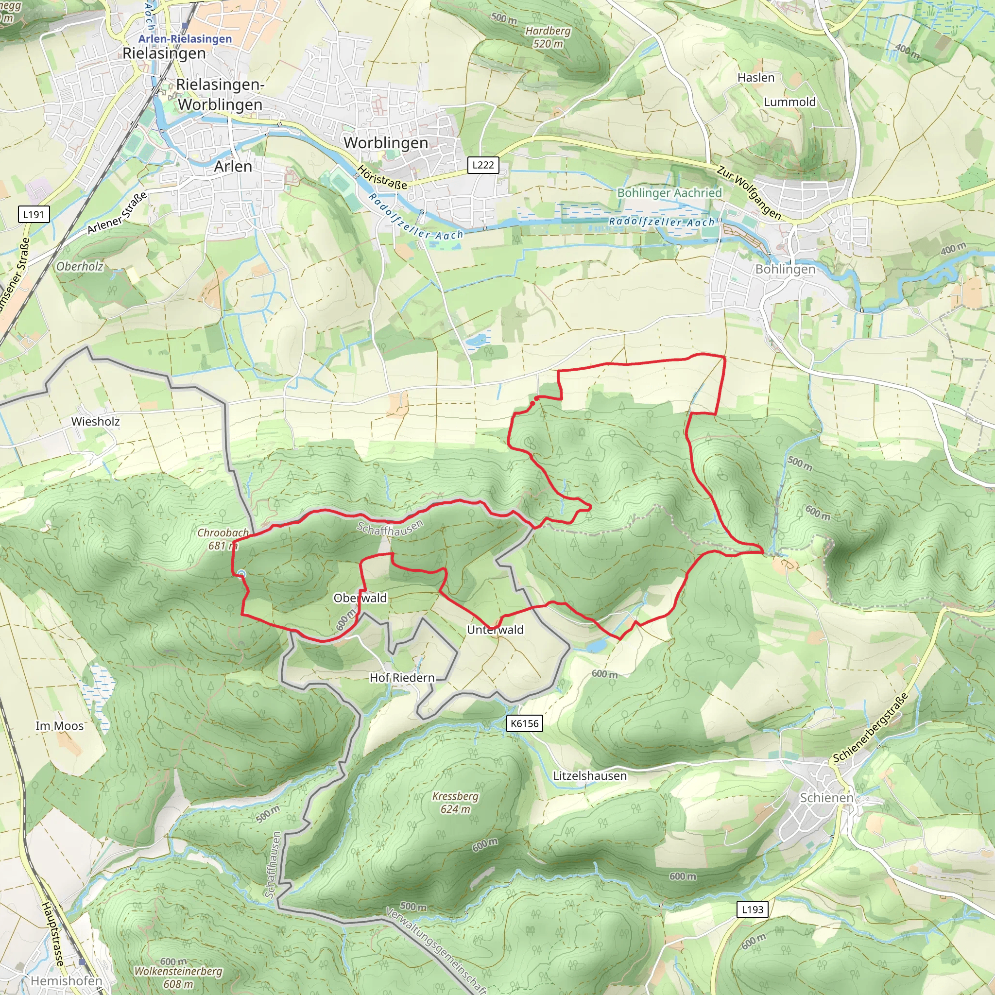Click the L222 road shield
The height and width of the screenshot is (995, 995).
click(x=482, y=165)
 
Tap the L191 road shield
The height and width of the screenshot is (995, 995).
click(x=33, y=214)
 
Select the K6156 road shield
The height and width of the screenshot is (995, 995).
click(x=524, y=723)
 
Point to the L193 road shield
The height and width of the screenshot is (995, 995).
click(x=752, y=909)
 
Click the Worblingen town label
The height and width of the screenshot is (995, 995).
click(x=386, y=143)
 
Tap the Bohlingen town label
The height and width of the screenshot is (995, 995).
click(x=785, y=269)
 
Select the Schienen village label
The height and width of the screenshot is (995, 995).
click(x=826, y=797)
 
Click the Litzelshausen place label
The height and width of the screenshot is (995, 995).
click(x=590, y=775)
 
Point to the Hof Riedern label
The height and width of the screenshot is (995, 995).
click(x=402, y=678)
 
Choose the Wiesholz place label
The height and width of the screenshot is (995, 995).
click(x=95, y=421)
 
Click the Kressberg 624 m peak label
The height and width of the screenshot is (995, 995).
click(x=455, y=803)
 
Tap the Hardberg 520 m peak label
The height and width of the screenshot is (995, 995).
click(x=548, y=37)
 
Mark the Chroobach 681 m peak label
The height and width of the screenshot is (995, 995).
click(x=223, y=539)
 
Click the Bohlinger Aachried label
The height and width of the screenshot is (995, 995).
click(x=669, y=192)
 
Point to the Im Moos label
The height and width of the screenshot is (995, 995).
click(x=59, y=726)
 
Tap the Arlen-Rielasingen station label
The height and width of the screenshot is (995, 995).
click(x=185, y=39)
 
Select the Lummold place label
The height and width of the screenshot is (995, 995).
click(x=789, y=102)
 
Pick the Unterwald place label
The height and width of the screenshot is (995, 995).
click(x=495, y=629)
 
